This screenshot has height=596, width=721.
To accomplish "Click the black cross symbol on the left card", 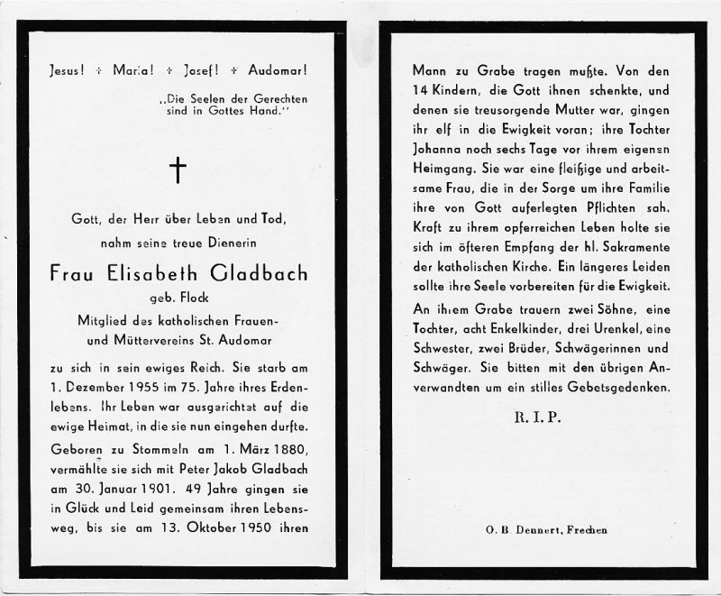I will point(181,169).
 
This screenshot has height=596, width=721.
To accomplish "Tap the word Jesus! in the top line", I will point(64,69).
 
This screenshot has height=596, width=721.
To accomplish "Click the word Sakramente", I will point(631,247).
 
